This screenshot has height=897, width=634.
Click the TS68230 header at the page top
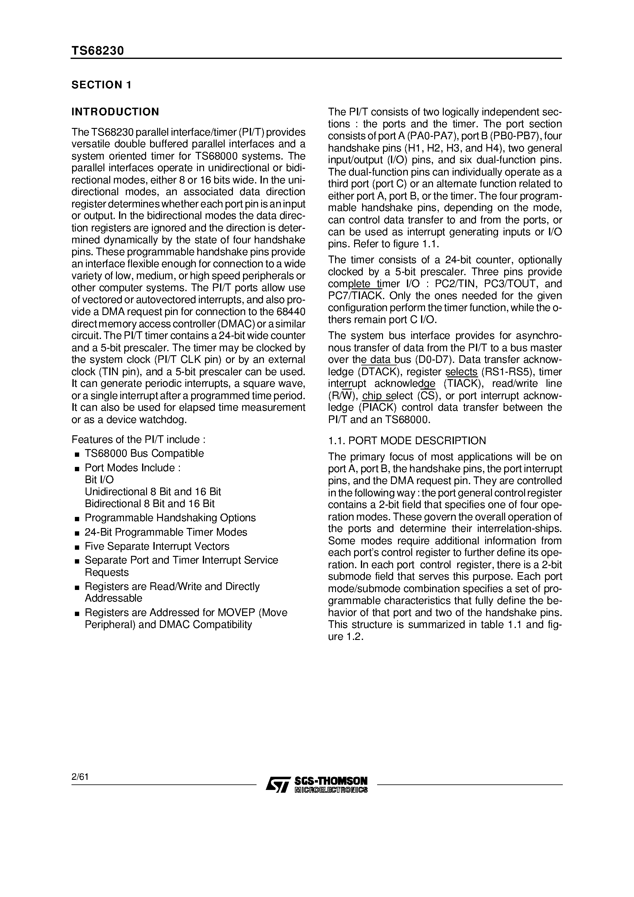tap(97, 51)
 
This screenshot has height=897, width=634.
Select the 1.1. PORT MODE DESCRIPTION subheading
tap(407, 441)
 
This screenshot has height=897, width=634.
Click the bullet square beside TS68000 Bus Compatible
tap(77, 454)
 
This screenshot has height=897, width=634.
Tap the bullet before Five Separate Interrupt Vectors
tap(77, 547)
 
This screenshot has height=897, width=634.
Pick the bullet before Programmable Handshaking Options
tap(77, 519)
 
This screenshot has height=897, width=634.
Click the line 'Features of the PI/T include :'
tap(138, 440)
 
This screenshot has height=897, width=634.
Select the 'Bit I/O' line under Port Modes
tap(99, 480)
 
